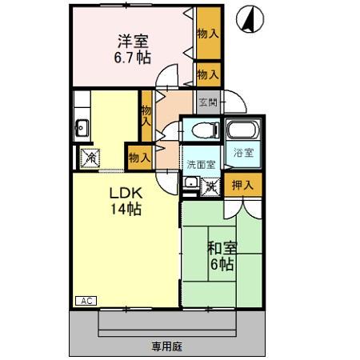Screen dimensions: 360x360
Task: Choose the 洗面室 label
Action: click(201, 164)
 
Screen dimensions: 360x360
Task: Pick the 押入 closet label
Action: click(242, 186)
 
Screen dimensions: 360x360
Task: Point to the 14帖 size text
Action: click(126, 210)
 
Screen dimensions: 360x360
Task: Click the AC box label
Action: click(86, 300)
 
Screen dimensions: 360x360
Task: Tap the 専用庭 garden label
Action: click(169, 346)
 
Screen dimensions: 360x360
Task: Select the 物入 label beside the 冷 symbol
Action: click(138, 158)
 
